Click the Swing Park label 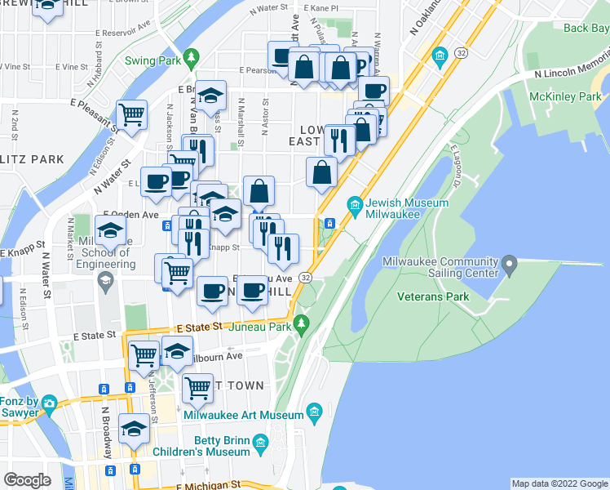(152, 60)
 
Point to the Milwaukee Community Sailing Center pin (511, 265)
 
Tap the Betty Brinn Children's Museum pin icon (261, 445)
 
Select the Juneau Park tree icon (302, 325)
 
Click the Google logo (27, 480)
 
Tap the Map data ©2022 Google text (559, 483)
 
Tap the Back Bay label (586, 29)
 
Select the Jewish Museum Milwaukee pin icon (355, 203)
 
